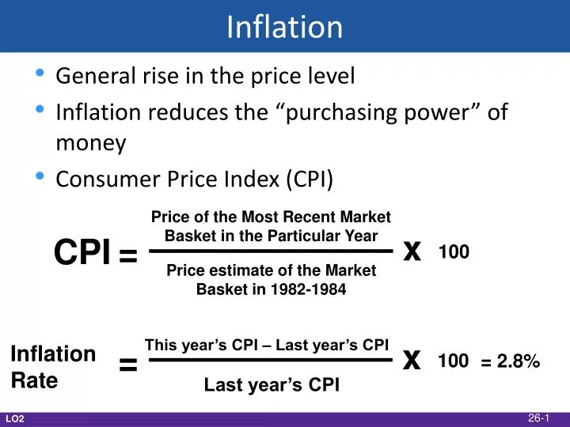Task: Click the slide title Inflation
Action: pos(284,27)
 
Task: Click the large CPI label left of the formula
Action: pos(82,253)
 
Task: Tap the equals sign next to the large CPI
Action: pos(128,255)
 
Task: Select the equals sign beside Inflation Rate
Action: pos(128,365)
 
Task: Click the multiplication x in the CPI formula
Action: pos(411,251)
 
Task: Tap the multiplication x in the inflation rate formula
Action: pos(411,360)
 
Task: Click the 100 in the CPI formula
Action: pos(454,252)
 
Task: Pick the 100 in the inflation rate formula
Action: pos(453,361)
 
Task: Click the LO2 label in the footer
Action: pos(15,418)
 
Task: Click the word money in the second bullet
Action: pos(91,144)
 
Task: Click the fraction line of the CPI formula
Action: pos(271,252)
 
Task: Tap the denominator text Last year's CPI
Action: pos(272,385)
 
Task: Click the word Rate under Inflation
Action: pos(35,380)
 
